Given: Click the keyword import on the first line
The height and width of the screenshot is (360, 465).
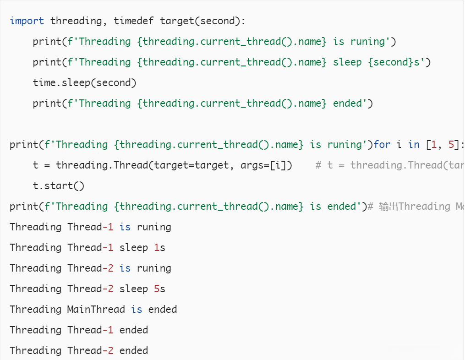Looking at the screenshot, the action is point(27,21).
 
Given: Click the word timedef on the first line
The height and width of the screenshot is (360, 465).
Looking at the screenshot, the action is point(134,21).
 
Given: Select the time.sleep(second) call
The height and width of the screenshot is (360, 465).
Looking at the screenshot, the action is point(85,83).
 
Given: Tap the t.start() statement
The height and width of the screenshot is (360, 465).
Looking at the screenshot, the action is point(59,186).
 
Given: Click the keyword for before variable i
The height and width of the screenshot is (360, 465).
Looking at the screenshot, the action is point(382,145).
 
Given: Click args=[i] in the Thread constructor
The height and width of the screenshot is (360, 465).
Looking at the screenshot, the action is point(260,165).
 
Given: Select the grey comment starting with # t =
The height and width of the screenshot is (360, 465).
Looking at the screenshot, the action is point(389,165).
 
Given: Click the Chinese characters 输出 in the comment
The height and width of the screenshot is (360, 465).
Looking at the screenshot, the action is point(388,207).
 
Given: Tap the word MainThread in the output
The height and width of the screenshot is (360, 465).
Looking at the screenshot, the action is point(96,310).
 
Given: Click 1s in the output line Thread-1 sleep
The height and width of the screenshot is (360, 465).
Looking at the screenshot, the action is point(159,248).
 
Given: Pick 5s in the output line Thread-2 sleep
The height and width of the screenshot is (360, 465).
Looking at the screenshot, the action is point(159,289).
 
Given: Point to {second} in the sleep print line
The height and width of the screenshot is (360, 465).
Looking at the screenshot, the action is point(391,62).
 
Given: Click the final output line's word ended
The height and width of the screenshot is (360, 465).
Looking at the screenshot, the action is point(134,351).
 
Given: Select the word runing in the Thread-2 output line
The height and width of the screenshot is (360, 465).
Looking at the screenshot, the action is point(154,268).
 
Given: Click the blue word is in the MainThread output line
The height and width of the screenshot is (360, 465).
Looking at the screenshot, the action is point(137,310).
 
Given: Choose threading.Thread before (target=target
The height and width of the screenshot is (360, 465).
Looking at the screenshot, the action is point(96,165).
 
